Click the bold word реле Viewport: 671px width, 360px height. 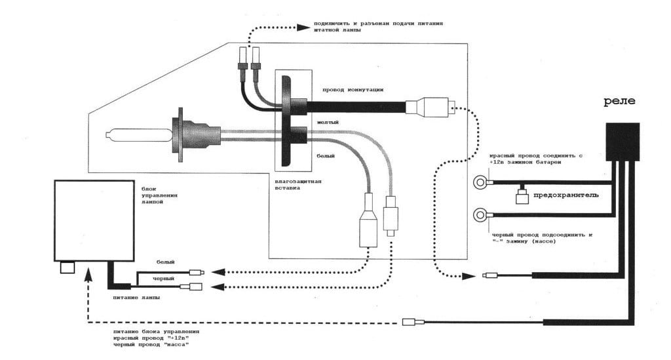619,102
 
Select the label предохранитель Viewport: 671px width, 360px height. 566,195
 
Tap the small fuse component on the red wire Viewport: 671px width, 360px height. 522,195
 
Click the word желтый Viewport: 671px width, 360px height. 328,122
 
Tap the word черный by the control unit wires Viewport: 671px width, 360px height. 163,279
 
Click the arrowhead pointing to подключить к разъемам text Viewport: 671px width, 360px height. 305,27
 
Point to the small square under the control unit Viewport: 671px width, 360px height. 67,267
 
